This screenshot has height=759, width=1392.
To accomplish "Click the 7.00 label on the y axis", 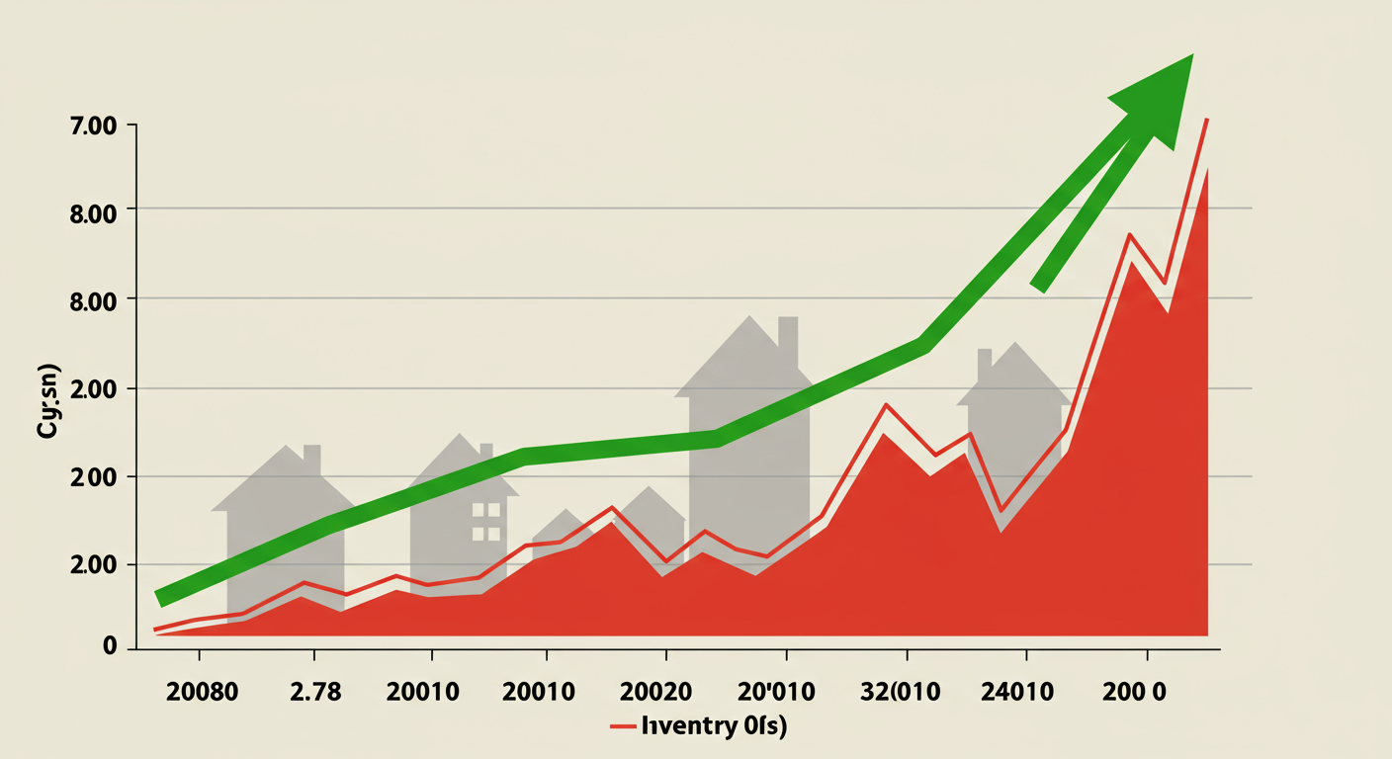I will (90, 126).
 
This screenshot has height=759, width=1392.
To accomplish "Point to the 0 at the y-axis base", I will (110, 647).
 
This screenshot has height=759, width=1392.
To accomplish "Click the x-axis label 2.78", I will (314, 692).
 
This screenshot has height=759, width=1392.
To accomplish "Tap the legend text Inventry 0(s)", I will (714, 727).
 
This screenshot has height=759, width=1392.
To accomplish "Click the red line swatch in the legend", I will (622, 727).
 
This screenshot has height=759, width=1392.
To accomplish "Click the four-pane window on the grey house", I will (485, 522).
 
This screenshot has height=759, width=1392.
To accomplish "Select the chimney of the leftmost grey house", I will (311, 458).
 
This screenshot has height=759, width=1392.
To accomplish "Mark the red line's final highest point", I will (1207, 120).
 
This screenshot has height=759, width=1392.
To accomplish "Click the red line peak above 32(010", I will (886, 404).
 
